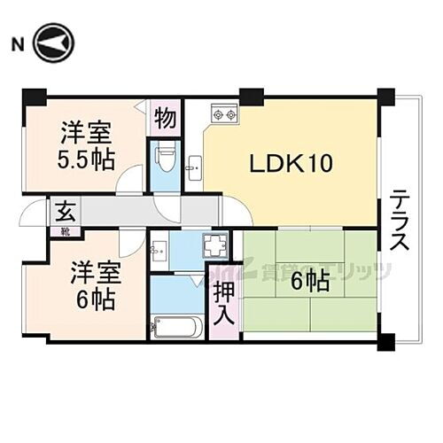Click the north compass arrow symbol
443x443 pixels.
(x=55, y=43)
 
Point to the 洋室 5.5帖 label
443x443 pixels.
(x=85, y=147)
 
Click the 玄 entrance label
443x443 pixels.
(x=65, y=212)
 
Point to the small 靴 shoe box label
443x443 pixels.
(x=66, y=231)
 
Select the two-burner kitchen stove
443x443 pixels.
(x=221, y=114)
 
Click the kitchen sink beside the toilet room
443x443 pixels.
(x=195, y=164)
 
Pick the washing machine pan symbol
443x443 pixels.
(x=213, y=246)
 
